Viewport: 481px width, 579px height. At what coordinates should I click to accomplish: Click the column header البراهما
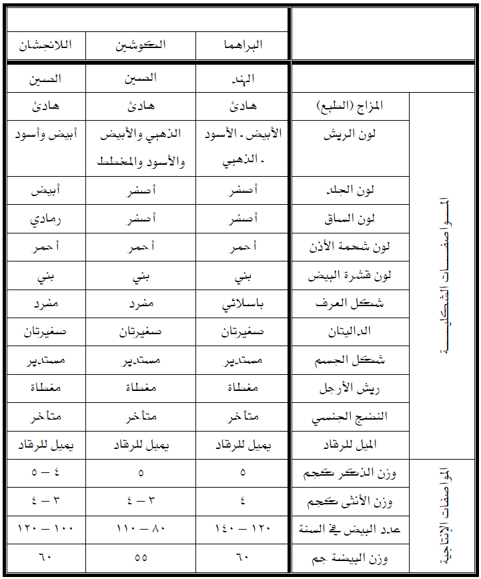(242, 45)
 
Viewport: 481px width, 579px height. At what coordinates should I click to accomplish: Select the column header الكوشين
(141, 45)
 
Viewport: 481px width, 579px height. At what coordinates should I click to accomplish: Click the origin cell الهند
(242, 78)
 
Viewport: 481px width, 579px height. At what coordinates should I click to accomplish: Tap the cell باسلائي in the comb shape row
(242, 303)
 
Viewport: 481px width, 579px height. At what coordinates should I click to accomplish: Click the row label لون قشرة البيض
(350, 275)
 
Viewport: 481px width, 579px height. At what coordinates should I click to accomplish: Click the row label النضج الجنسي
(350, 417)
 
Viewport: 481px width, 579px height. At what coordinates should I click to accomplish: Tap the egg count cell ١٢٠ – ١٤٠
(242, 530)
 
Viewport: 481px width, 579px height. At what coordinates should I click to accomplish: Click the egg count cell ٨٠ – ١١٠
(141, 530)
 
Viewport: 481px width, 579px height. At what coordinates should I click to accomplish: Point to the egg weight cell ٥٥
(141, 558)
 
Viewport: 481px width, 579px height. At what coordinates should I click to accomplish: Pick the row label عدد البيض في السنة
(350, 530)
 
